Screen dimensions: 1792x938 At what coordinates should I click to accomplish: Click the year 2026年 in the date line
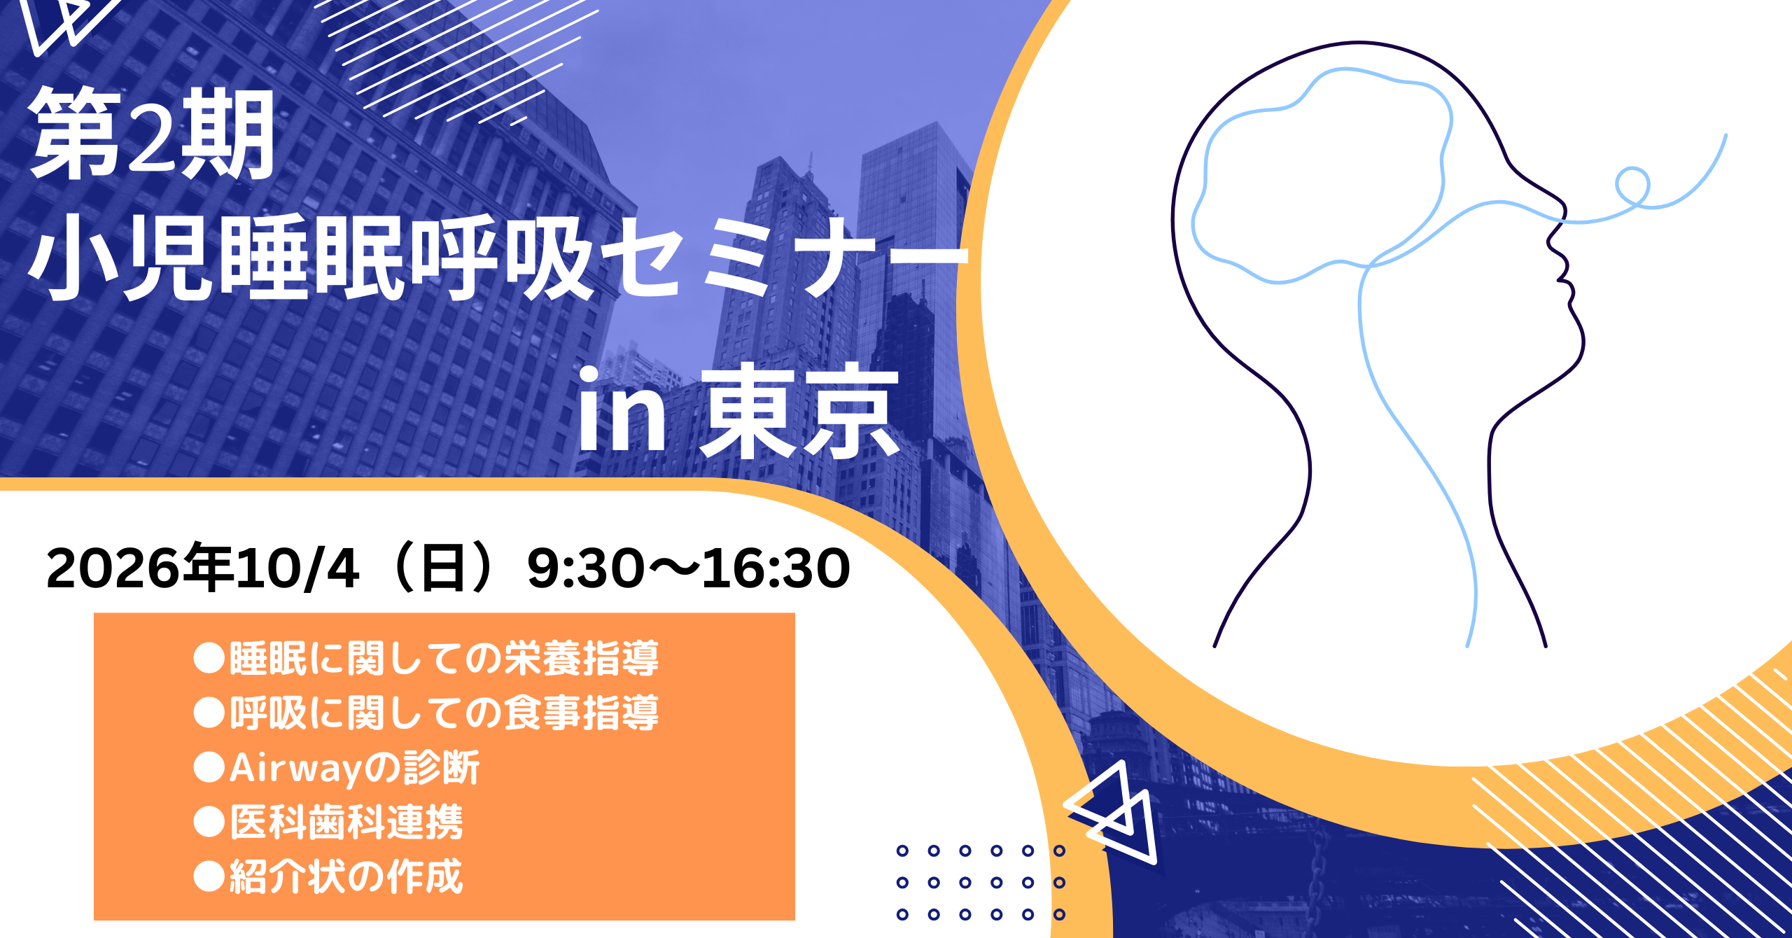[x=139, y=568]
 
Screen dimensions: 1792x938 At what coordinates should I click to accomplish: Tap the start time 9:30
[x=585, y=568]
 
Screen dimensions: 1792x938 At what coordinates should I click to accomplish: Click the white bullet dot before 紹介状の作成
[x=209, y=876]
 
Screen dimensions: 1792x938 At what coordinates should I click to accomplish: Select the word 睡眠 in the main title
[x=311, y=257]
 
